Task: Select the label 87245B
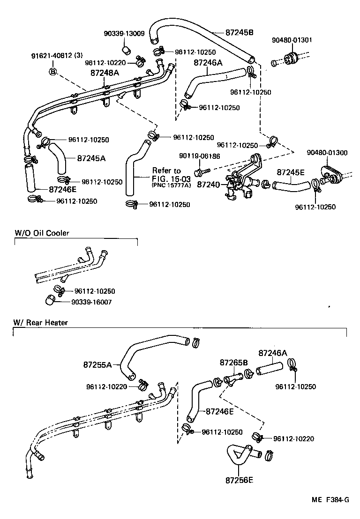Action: (239, 32)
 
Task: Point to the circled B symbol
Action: (53, 71)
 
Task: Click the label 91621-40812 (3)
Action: (59, 57)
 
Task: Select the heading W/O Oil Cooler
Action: (42, 233)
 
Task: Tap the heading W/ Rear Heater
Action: (41, 322)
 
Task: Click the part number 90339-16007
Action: (91, 302)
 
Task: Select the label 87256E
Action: (240, 480)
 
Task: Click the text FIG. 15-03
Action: (168, 178)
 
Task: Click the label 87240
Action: (208, 185)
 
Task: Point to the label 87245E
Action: (291, 172)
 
